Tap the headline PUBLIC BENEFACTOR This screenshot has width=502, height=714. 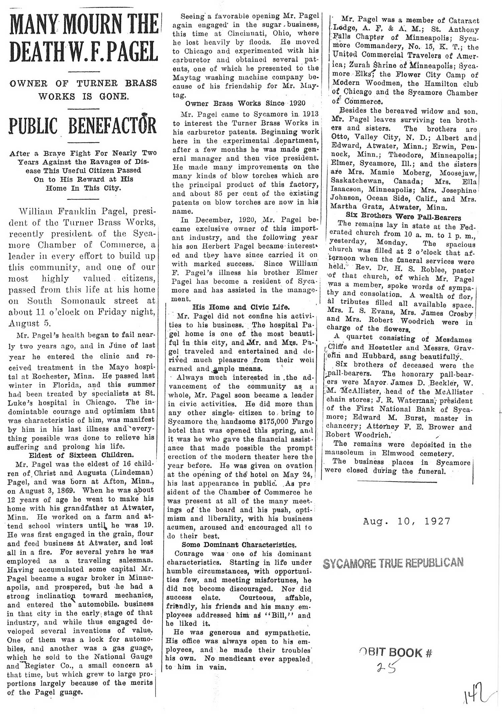pos(83,126)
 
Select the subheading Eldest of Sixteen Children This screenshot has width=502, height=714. pos(81,455)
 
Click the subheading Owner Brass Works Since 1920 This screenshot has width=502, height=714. pos(245,104)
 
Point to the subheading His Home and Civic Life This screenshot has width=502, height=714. pos(241,307)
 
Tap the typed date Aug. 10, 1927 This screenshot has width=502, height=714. pos(406,521)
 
